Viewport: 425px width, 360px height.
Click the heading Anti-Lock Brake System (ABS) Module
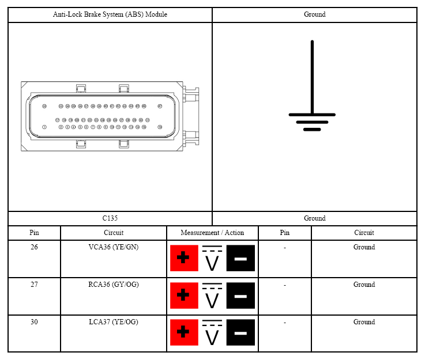click(110, 14)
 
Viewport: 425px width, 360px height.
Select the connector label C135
click(110, 218)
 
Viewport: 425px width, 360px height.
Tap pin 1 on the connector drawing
click(44, 127)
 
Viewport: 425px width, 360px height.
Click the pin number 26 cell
click(34, 247)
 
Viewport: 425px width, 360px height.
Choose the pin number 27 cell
click(34, 285)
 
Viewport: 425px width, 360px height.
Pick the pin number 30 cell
click(34, 322)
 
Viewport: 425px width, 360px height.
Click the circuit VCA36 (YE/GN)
click(114, 247)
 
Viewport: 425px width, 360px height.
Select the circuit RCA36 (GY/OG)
click(114, 285)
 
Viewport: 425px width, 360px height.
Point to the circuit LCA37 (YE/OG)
click(114, 322)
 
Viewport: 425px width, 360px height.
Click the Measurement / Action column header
click(212, 233)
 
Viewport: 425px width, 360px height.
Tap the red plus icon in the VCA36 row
click(184, 258)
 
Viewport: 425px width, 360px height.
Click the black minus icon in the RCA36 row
click(240, 295)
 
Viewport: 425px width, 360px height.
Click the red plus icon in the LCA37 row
click(184, 333)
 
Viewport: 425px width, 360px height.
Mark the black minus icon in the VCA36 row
click(240, 258)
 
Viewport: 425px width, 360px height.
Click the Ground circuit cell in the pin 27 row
click(364, 285)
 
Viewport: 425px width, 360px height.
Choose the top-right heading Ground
click(314, 14)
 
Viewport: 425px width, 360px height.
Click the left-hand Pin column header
click(34, 233)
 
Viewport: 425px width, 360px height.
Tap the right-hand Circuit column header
click(364, 233)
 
